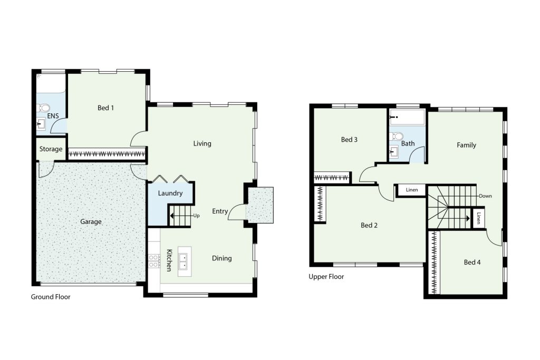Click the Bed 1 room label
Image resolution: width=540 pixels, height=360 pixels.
[105, 108]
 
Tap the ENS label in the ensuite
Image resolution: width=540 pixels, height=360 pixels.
[53, 116]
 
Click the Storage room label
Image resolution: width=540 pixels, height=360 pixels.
[51, 149]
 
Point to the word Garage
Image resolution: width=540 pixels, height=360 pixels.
[91, 222]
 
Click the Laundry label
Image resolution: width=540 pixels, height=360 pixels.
[170, 193]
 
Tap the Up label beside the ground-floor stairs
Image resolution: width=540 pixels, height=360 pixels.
[196, 216]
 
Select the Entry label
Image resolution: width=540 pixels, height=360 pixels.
[220, 211]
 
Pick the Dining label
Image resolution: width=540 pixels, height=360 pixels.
[222, 258]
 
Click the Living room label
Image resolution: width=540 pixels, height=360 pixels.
[202, 143]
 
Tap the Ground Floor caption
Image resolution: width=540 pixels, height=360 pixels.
[51, 297]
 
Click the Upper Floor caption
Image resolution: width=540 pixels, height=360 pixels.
[326, 276]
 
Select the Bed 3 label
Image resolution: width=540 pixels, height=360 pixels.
[349, 139]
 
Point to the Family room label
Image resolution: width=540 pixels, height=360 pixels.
[466, 145]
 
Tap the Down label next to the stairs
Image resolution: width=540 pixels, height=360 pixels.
[485, 196]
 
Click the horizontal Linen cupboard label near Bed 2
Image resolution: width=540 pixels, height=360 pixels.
[412, 190]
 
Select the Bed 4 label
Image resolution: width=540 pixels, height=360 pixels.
[472, 262]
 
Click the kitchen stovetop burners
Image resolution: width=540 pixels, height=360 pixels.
[154, 261]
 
